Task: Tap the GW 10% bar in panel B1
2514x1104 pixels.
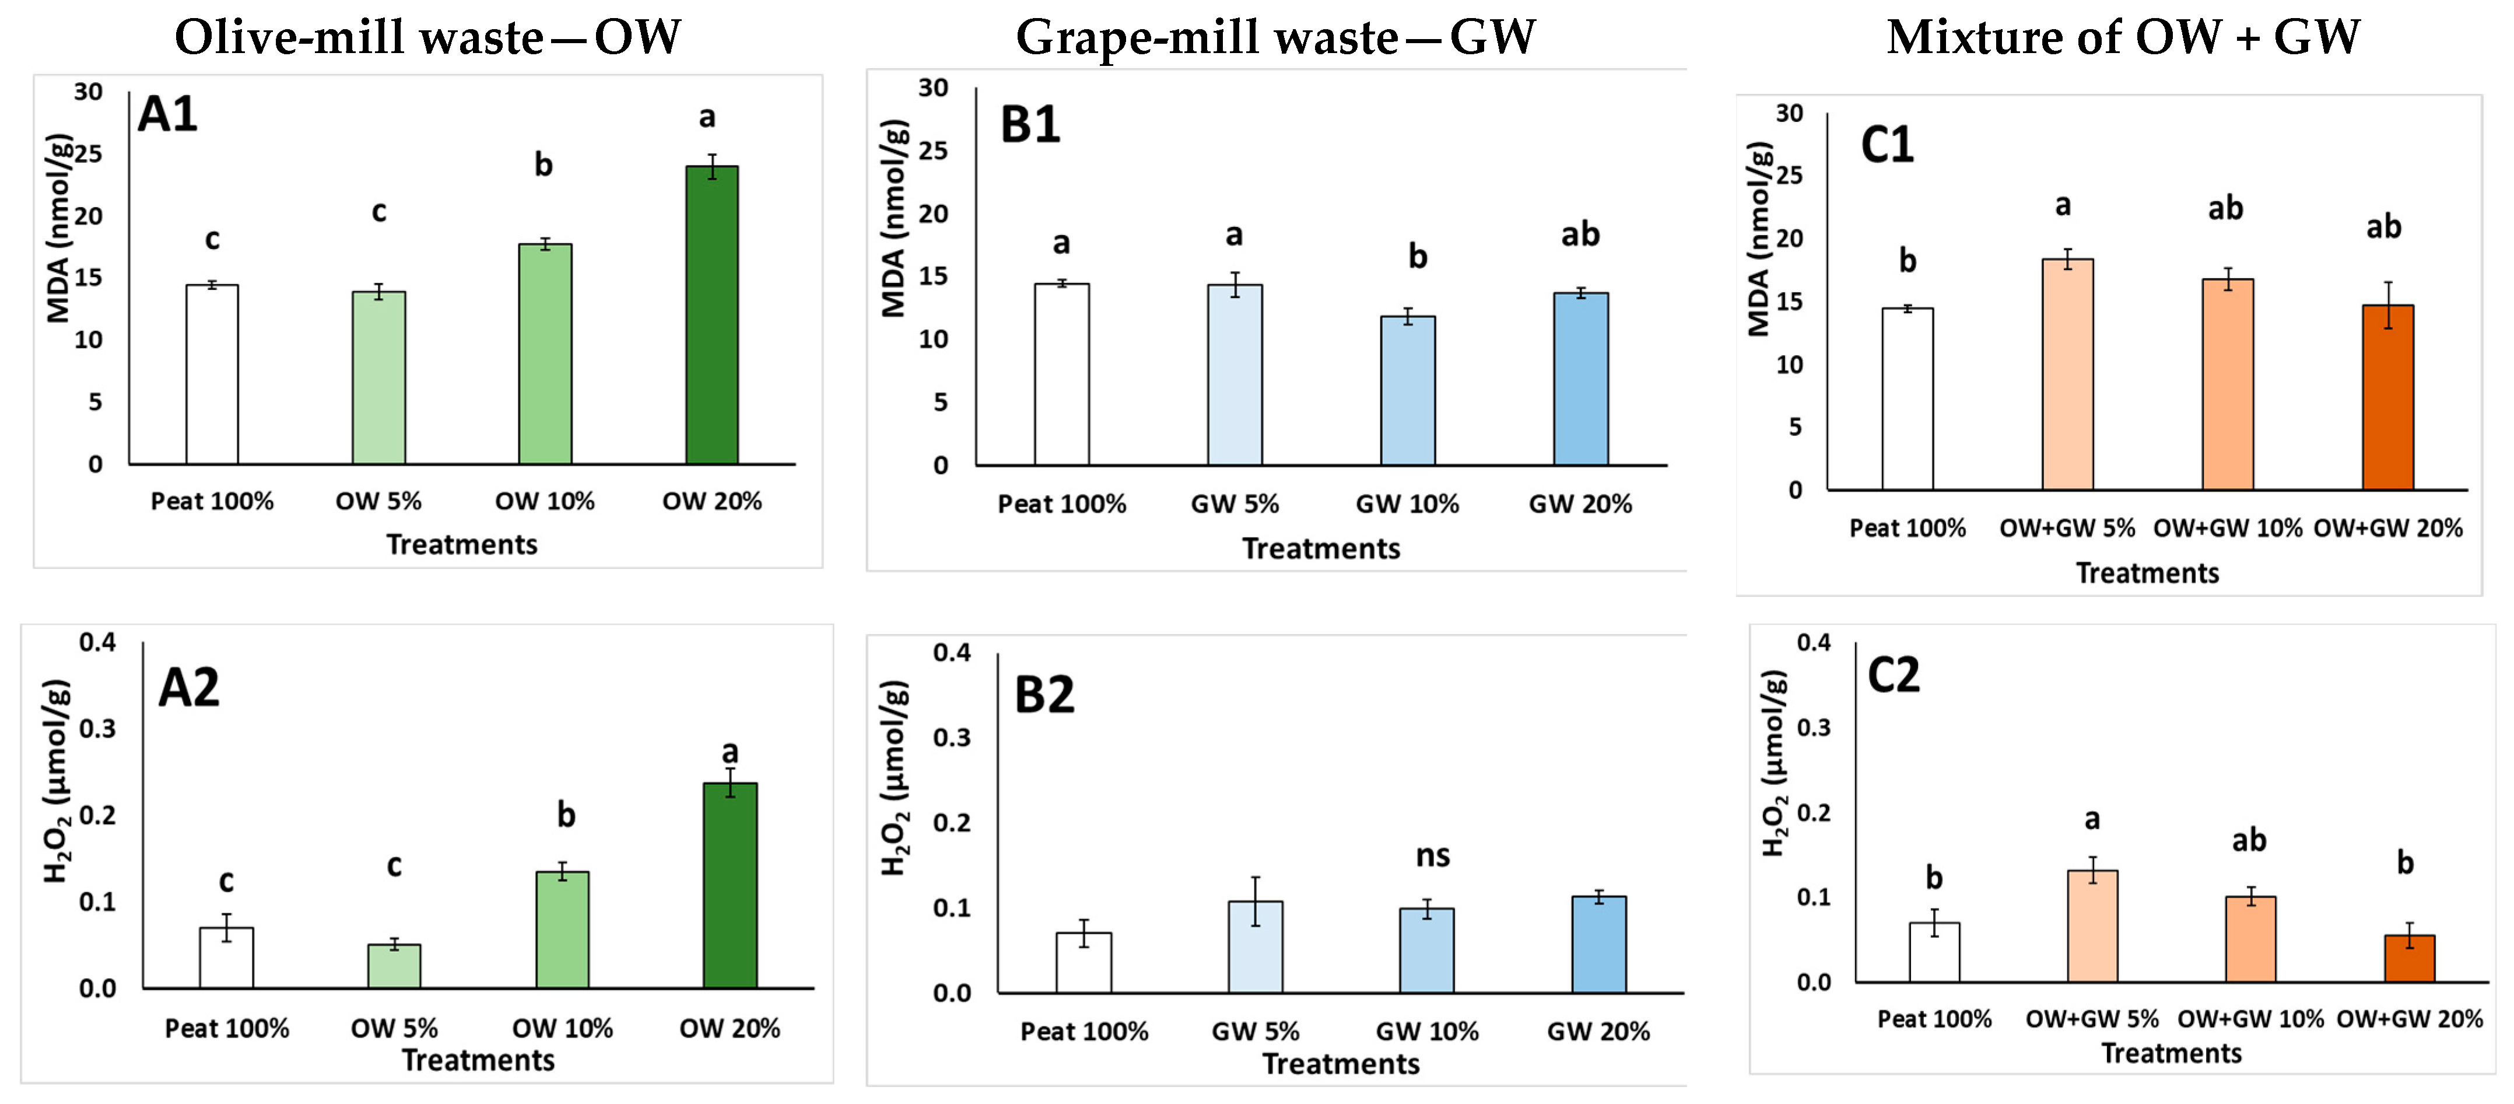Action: click(x=1407, y=390)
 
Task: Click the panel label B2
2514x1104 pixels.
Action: click(x=1044, y=695)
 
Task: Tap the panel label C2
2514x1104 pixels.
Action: click(x=1894, y=675)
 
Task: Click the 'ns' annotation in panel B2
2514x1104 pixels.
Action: click(x=1433, y=856)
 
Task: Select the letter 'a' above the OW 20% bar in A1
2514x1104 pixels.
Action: click(x=707, y=117)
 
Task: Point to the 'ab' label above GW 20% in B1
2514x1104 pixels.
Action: click(x=1580, y=234)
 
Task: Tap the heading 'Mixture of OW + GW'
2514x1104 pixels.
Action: click(x=2123, y=37)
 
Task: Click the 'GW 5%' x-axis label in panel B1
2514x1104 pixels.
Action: click(x=1235, y=504)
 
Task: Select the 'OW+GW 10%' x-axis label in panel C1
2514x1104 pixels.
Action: click(x=2227, y=528)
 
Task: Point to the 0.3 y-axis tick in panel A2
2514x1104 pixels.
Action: click(x=97, y=728)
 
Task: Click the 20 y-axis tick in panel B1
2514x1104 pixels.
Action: click(x=933, y=214)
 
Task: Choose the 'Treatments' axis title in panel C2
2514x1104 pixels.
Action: click(x=2172, y=1053)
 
